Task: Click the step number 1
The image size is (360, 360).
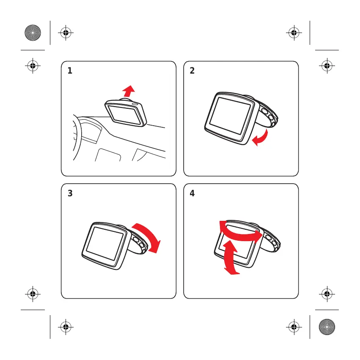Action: click(70, 71)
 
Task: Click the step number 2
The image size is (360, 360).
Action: click(192, 71)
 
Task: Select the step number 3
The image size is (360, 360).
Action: click(70, 193)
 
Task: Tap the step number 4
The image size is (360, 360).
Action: click(192, 193)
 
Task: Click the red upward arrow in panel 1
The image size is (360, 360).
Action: click(129, 91)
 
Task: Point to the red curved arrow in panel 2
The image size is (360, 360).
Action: click(262, 138)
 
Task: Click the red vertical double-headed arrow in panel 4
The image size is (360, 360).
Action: click(231, 257)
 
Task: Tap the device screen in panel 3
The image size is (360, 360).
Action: click(104, 244)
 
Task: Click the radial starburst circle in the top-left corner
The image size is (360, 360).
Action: click(33, 33)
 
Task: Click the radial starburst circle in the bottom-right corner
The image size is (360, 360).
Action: click(327, 327)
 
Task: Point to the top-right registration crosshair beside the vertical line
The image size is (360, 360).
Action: click(294, 33)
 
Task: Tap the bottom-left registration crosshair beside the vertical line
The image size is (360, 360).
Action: click(66, 327)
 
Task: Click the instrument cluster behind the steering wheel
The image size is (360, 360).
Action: click(91, 131)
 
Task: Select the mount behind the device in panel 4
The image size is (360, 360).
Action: click(270, 239)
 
